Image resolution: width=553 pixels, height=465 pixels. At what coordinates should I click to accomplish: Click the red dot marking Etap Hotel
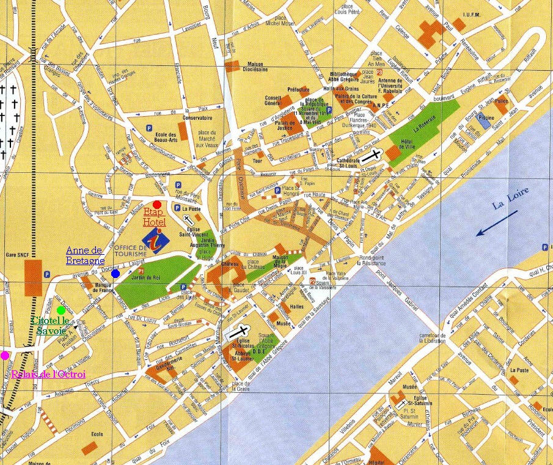pos(157,204)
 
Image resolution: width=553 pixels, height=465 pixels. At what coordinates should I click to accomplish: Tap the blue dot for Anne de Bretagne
pos(115,273)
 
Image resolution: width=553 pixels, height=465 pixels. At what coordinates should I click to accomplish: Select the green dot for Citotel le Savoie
pos(60,310)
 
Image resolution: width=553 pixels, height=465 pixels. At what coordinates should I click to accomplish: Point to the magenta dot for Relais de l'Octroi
pos(5,355)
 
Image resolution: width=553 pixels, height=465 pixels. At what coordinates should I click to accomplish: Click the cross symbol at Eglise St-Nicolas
pos(236,332)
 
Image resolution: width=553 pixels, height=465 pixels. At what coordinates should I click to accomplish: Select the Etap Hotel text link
pos(155,217)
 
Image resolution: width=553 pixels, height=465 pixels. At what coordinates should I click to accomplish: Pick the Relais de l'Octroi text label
pos(48,374)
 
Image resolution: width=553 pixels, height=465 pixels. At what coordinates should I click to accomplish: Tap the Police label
pos(502,101)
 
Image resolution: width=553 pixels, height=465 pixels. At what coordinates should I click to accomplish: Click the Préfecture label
pos(299,89)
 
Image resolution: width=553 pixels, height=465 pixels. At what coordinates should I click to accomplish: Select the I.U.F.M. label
pos(474,15)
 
